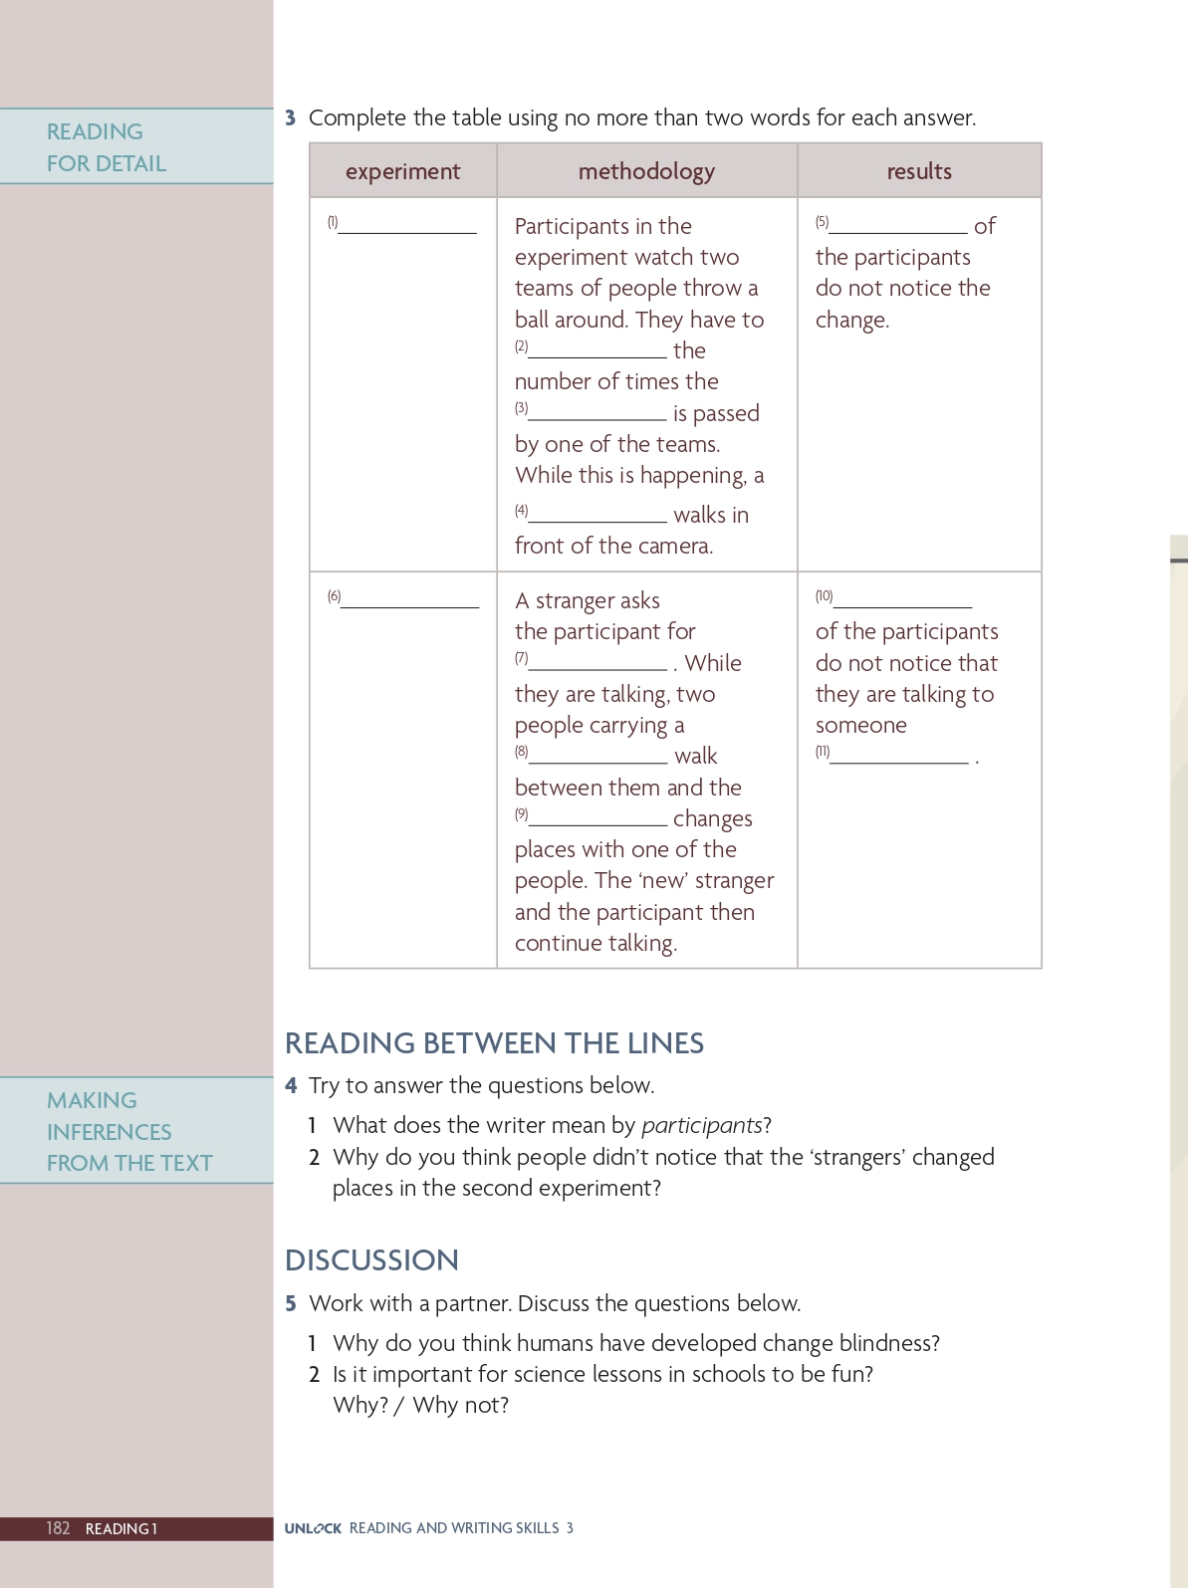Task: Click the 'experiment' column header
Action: pos(402,171)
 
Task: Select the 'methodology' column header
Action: pos(646,171)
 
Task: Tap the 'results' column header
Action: pos(919,171)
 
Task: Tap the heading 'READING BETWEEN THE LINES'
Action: pos(494,1043)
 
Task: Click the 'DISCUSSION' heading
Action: pos(371,1260)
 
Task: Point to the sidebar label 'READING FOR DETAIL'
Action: pos(107,147)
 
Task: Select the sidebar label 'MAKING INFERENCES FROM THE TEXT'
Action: pos(129,1131)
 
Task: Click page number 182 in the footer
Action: pos(58,1528)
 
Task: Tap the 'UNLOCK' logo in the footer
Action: pos(313,1528)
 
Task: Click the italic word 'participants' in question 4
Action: pos(701,1125)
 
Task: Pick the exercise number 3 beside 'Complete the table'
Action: pos(291,117)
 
